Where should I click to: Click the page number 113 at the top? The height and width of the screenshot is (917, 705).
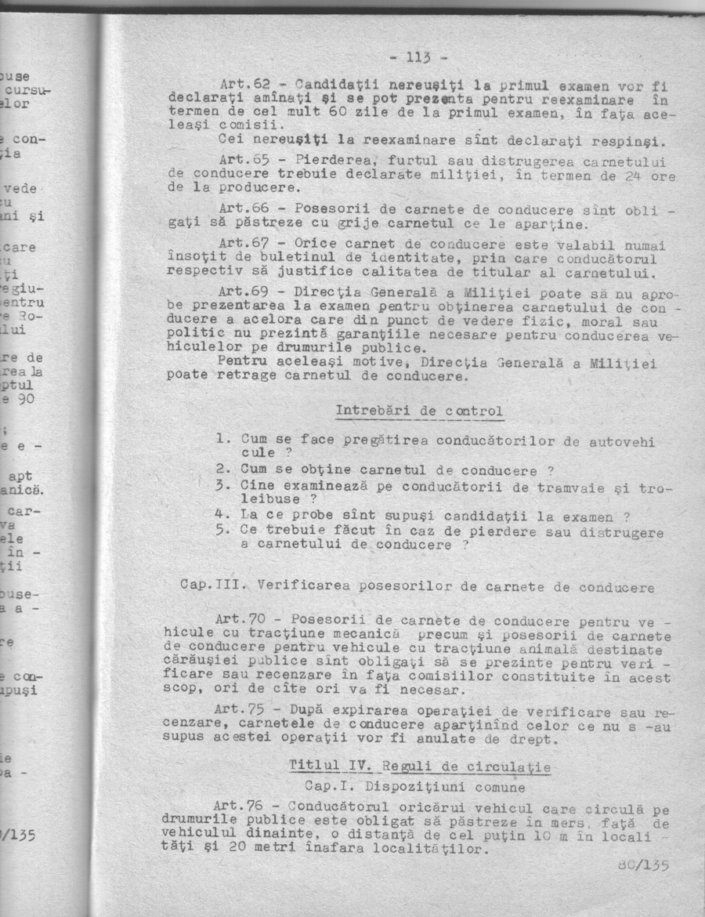[x=416, y=56]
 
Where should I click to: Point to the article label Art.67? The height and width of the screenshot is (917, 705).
[x=243, y=243]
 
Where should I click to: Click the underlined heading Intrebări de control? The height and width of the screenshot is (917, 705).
[x=419, y=411]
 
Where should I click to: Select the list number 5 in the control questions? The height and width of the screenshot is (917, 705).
[x=221, y=530]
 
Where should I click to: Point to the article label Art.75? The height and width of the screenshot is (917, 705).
[x=240, y=709]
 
